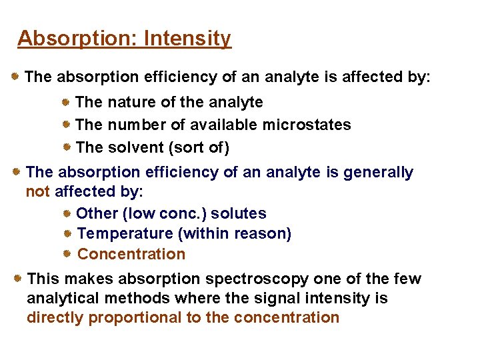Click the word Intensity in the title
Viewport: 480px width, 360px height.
click(x=187, y=39)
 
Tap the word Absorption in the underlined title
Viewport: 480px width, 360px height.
click(x=75, y=39)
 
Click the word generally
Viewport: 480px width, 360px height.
click(x=378, y=172)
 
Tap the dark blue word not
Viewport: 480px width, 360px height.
click(x=37, y=192)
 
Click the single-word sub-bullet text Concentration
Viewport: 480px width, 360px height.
click(x=131, y=254)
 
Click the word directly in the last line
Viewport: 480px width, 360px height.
click(x=55, y=317)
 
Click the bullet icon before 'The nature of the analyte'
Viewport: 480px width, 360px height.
click(x=67, y=101)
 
